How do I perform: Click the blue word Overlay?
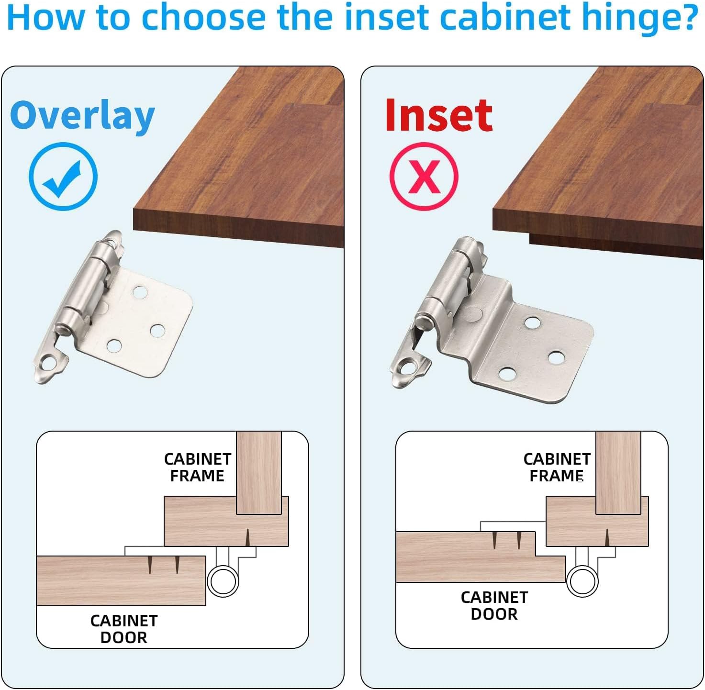coord(82,116)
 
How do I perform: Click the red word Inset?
coord(438,115)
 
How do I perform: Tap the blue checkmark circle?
coord(63,177)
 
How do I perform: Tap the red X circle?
coord(424,177)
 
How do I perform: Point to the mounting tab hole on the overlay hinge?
coord(47,364)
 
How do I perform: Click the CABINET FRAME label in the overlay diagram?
coord(197,467)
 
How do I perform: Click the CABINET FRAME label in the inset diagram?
coord(557,467)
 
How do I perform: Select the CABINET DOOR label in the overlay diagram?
coord(124,629)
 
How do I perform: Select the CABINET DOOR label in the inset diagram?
coord(494,605)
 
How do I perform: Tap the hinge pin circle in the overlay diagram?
coord(223,581)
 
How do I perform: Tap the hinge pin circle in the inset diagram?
coord(582,581)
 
